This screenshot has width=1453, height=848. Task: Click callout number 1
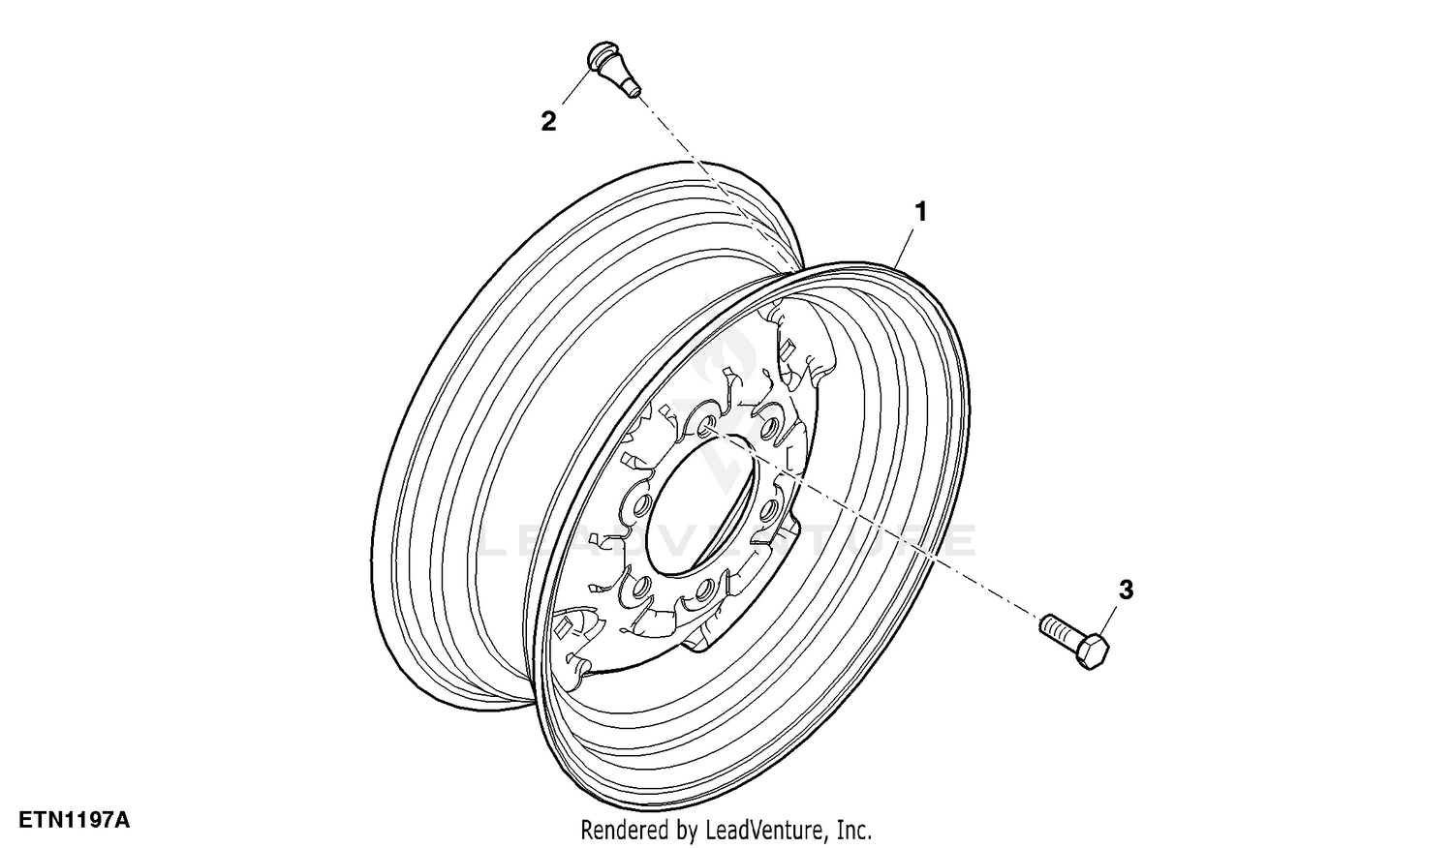point(920,212)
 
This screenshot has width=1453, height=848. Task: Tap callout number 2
point(549,121)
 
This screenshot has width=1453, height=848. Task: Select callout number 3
point(1126,590)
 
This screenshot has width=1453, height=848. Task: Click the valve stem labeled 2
point(613,70)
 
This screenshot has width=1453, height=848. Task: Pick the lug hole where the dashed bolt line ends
point(704,428)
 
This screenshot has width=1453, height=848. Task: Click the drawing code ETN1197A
point(74,820)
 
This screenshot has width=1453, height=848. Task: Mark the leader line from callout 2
point(577,86)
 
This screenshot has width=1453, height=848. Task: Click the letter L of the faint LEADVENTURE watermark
point(497,540)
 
